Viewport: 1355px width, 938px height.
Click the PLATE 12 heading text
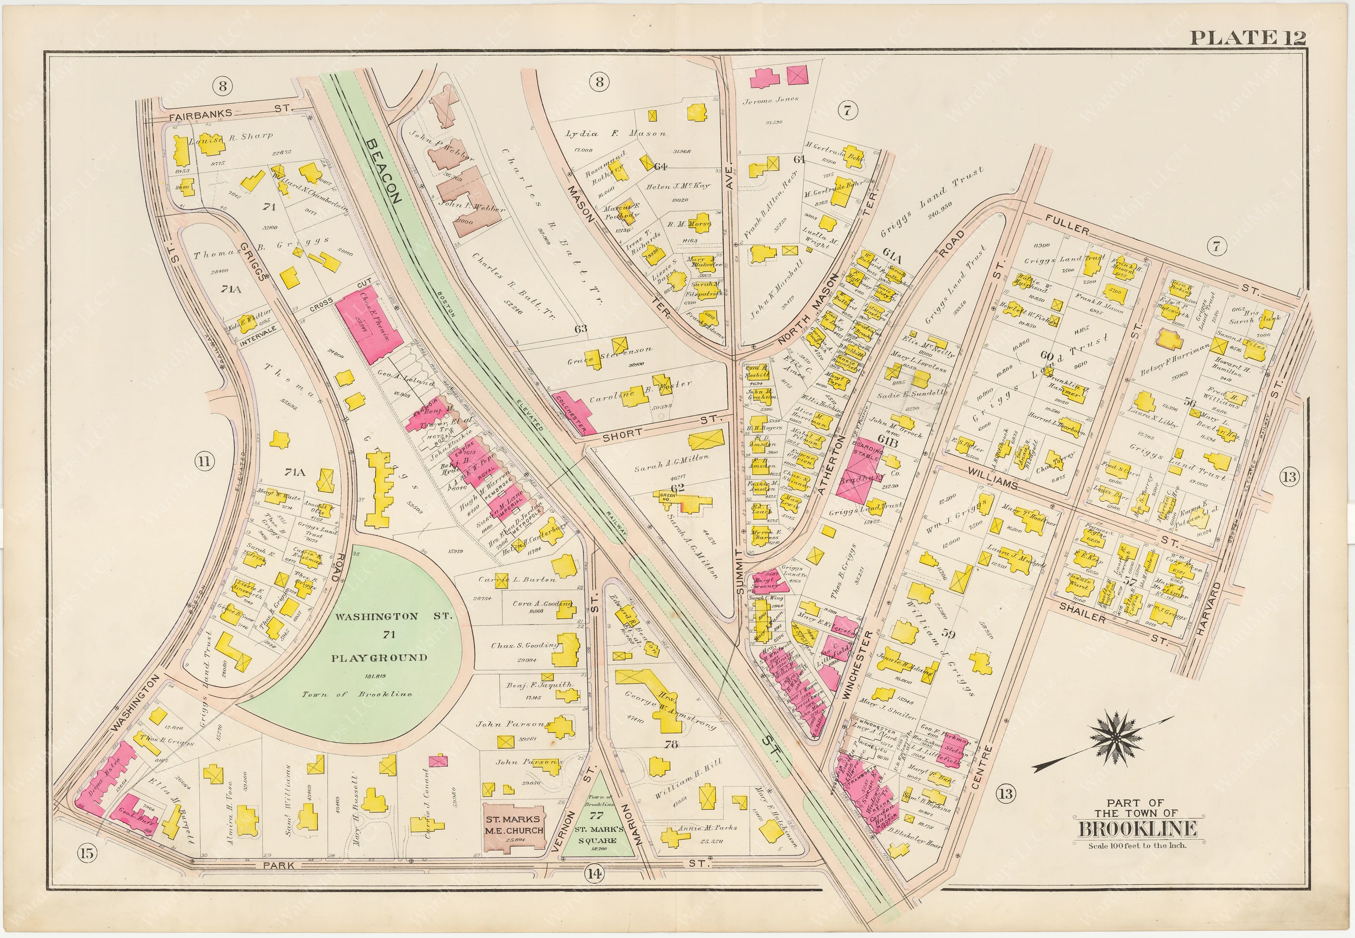pos(1247,37)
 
